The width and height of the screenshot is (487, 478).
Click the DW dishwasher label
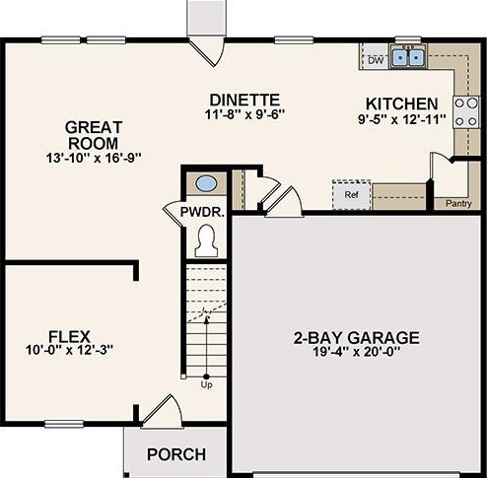pos(376,60)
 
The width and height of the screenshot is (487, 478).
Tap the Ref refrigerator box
pos(351,195)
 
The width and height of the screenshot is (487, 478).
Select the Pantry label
pos(458,204)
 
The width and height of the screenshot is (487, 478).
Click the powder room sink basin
pos(206,183)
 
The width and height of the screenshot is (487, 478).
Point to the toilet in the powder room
pos(206,240)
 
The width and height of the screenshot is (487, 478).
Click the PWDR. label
pos(202,212)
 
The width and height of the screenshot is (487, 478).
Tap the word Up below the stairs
pos(206,384)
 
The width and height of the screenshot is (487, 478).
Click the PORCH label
pos(176,454)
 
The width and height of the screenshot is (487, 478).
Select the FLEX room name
pos(69,337)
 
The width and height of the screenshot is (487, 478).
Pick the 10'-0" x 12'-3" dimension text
pos(69,350)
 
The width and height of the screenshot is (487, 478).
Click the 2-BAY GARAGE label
pos(356,338)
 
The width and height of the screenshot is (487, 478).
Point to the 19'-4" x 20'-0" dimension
pos(356,352)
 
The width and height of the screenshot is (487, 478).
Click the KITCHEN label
pos(402,103)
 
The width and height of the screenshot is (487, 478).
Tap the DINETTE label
pos(244,100)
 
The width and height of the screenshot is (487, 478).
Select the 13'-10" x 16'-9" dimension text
pos(94,159)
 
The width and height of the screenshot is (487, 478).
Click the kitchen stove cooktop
pos(466,112)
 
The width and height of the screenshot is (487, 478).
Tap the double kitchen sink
pos(408,57)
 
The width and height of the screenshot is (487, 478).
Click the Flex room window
pos(64,424)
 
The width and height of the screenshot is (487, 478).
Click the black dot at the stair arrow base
pos(206,376)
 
